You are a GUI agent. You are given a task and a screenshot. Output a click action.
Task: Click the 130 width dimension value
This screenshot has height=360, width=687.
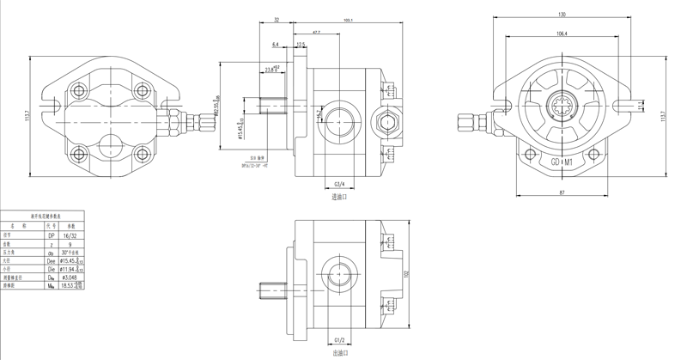[x=561, y=15]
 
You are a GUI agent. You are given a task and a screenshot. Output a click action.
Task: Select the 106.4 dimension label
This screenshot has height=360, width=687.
[x=561, y=34]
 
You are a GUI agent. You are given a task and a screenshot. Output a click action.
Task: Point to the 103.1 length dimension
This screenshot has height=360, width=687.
[x=349, y=19]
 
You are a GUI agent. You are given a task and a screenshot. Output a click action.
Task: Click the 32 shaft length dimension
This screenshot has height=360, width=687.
[x=277, y=19]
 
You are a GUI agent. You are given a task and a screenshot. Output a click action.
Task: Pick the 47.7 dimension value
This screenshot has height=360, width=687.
[x=317, y=32]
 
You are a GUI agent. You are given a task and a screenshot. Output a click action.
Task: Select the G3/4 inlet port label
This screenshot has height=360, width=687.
[x=338, y=184]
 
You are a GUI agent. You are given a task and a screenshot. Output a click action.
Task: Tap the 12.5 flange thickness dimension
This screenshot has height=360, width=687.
[x=301, y=44]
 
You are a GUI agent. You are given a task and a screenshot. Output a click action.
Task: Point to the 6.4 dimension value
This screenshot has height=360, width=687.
[x=276, y=44]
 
